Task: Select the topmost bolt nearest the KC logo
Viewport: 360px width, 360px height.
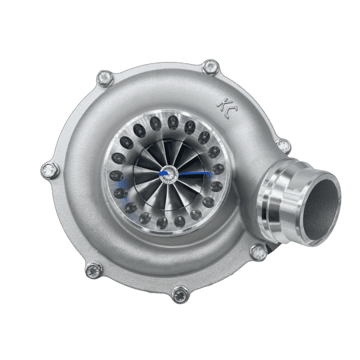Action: coord(210,67)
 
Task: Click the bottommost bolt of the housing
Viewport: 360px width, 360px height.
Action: coord(179,293)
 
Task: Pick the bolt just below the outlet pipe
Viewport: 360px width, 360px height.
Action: coord(259,253)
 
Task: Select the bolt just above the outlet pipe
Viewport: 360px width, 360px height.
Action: coord(283,146)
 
